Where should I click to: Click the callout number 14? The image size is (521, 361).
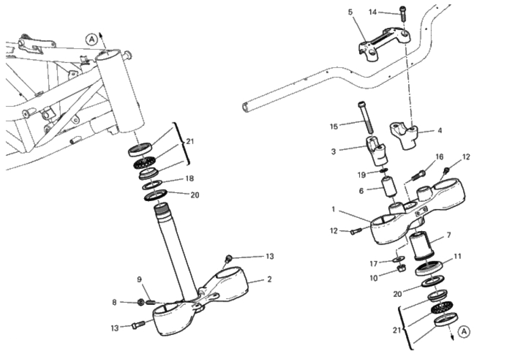373,12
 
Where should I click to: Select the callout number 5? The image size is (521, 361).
350,12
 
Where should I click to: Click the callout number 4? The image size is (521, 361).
439,131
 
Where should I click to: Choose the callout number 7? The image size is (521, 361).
448,235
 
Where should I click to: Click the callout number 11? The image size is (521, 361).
457,256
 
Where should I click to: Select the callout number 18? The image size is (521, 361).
189,179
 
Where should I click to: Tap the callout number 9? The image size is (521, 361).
139,279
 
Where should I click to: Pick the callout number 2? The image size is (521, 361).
269,279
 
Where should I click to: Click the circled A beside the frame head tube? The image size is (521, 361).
92,40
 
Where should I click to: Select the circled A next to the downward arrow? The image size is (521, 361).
463,331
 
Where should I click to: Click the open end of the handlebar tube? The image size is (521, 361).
245,107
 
